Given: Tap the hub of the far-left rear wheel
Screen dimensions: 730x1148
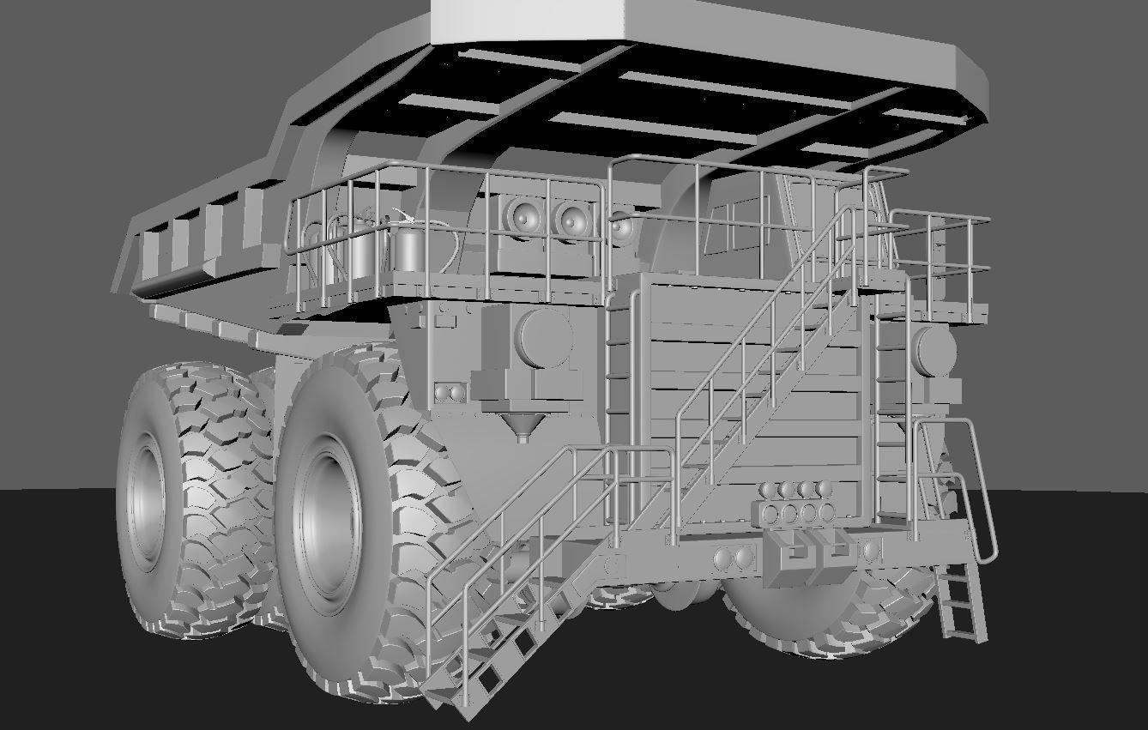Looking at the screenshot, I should point(143,501).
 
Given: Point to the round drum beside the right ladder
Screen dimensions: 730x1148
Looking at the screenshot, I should point(933,350).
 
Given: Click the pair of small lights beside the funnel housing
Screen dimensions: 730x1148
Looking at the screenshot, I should point(449,394).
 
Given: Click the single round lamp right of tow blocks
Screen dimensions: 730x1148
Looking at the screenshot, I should point(873,550).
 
